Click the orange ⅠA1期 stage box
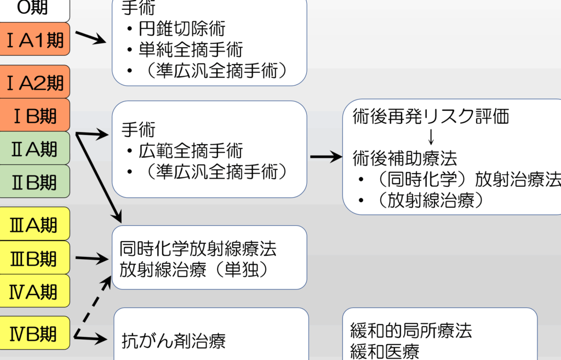35,39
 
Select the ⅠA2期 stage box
35,82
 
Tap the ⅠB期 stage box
35,115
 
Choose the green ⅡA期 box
35,148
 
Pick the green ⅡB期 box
35,181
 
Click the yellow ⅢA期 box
35,224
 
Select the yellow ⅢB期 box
35,258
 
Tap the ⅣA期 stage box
35,290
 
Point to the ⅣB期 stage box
35,333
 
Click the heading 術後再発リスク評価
431,116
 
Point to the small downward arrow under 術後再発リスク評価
431,137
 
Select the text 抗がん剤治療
173,341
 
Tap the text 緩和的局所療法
411,330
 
